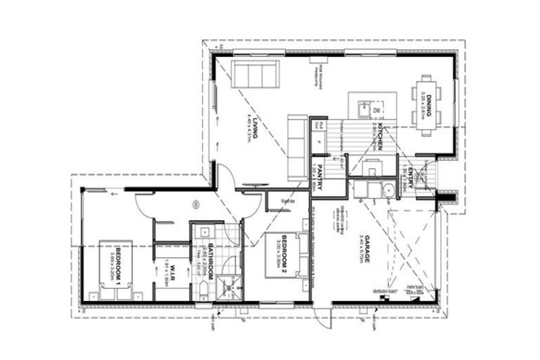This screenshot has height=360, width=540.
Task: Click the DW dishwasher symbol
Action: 377,110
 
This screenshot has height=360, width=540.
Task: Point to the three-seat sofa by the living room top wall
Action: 256,72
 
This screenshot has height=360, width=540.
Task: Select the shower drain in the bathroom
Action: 228,287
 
